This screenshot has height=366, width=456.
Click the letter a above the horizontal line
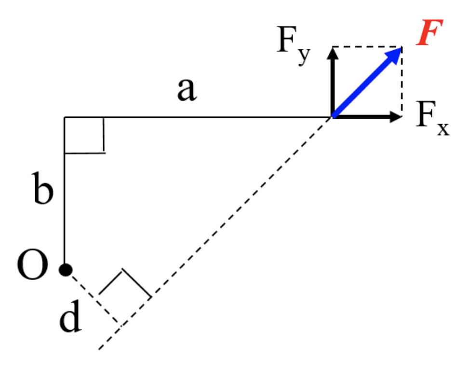tap(187, 91)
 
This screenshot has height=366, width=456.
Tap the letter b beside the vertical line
tap(44, 191)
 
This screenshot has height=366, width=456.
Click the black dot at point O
tap(66, 269)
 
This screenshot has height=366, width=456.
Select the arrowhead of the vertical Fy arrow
tap(332, 52)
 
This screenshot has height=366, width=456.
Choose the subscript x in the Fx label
tap(443, 129)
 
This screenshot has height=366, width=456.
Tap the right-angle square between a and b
tap(84, 135)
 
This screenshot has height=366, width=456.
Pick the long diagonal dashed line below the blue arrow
tap(217, 232)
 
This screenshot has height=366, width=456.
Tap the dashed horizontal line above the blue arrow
tap(366, 47)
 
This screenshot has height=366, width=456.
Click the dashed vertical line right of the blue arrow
tap(401, 82)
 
